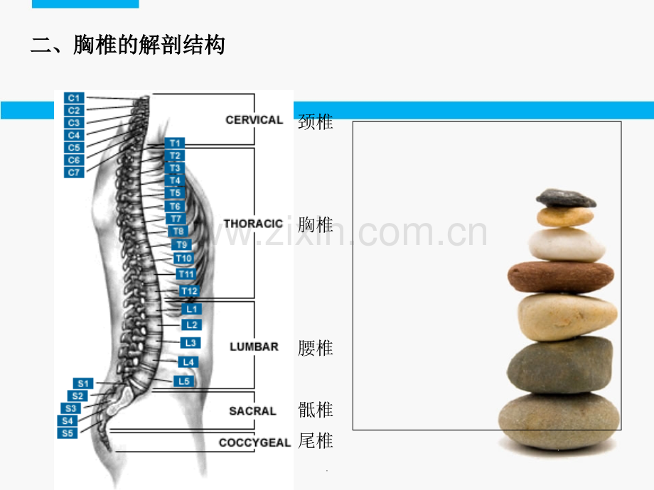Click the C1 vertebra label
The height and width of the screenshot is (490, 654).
point(74,98)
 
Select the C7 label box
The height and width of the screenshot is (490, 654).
point(74,173)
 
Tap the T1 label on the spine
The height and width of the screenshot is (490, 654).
point(175,143)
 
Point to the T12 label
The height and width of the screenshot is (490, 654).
point(189,291)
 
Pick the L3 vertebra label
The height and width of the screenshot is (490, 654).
point(191,343)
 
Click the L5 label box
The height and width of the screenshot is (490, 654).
point(184,381)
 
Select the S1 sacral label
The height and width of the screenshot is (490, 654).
point(83,383)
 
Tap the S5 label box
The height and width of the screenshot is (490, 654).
point(67,433)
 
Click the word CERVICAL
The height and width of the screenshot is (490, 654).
point(254,120)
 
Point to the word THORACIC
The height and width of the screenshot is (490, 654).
point(253,224)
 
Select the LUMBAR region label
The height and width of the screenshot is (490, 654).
point(254,347)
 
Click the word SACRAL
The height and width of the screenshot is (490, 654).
point(253,411)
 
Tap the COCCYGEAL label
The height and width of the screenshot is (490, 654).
point(254,442)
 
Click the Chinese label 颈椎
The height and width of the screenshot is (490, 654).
point(316,121)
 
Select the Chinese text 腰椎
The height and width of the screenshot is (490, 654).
point(316,348)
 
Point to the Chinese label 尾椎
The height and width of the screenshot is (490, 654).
point(316,441)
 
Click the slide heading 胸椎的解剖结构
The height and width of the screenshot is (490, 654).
point(149,45)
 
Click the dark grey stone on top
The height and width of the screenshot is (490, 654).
point(566,198)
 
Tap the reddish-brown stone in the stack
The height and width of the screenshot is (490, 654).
point(561,277)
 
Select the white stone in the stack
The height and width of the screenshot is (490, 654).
point(567,244)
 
